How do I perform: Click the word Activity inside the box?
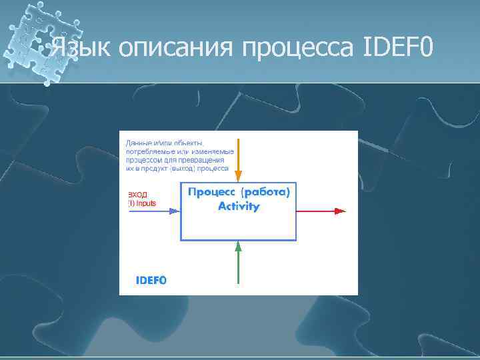click(239, 206)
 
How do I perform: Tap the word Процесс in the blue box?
click(210, 192)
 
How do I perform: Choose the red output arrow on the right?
click(320, 211)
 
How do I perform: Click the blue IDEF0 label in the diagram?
click(151, 281)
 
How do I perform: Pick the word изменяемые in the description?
click(211, 151)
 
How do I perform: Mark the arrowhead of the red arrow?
click(341, 211)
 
